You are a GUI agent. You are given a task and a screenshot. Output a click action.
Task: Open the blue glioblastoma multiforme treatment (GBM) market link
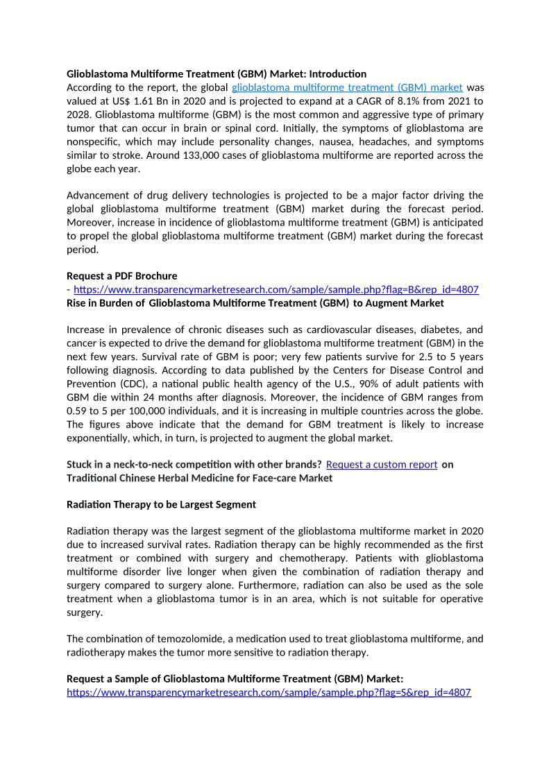click(347, 87)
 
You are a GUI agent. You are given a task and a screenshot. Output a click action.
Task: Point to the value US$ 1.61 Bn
click(133, 101)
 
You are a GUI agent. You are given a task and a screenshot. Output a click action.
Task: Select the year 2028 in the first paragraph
click(79, 114)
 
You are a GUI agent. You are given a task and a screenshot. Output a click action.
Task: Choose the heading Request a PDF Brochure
click(121, 276)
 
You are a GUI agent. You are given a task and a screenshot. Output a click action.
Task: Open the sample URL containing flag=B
click(275, 289)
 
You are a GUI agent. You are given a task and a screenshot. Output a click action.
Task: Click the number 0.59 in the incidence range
click(78, 411)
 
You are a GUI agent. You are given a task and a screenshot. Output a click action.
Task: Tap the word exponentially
click(98, 438)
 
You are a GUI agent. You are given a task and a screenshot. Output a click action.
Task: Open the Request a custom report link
click(381, 464)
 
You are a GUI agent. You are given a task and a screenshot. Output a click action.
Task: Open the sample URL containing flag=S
click(269, 692)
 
